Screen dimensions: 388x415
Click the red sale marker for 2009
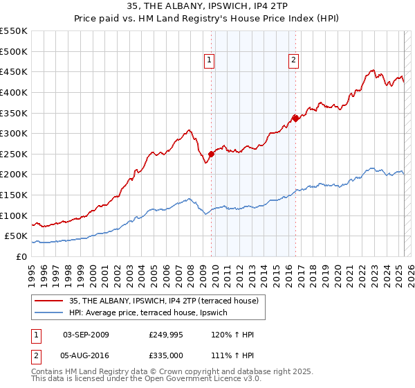[212, 154]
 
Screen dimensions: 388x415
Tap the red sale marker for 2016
[295, 118]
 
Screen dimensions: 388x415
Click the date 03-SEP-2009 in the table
[86, 335]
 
